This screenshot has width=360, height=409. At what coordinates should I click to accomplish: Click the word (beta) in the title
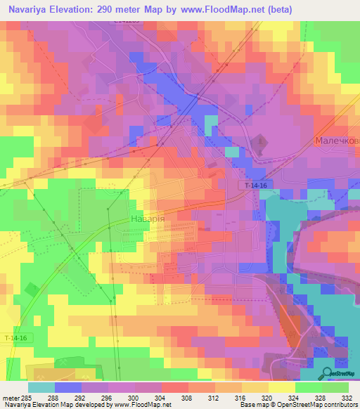click(277, 9)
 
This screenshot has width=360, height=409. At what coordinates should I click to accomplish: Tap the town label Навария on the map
click(148, 219)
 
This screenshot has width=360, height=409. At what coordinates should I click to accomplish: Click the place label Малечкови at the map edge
click(337, 141)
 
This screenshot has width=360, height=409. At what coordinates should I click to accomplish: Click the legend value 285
click(27, 397)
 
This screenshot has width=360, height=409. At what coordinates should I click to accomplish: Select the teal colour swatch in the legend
click(41, 387)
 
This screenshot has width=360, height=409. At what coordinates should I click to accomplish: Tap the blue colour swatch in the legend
click(67, 387)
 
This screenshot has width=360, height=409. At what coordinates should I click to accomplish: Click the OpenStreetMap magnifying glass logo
click(326, 372)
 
